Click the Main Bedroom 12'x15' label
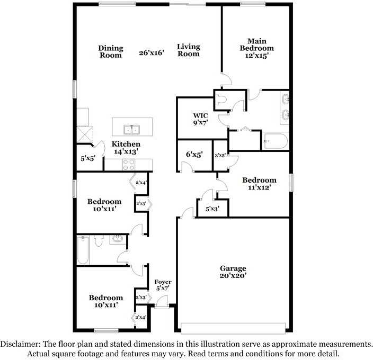point(256,49)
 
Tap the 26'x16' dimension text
point(152,52)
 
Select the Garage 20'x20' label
point(233,272)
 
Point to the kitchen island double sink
point(131,130)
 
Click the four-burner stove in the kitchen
point(129,165)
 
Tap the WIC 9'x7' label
point(200,119)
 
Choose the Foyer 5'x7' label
point(163,285)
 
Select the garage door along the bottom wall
point(233,328)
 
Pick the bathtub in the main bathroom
point(276,141)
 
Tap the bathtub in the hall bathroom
point(83,250)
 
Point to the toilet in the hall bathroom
point(98,241)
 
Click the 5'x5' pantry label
point(88,158)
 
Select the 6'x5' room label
point(194,155)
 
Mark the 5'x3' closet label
point(212,209)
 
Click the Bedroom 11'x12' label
point(259,184)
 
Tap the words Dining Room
point(111,51)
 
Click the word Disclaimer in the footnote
point(20,344)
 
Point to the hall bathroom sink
point(117,239)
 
